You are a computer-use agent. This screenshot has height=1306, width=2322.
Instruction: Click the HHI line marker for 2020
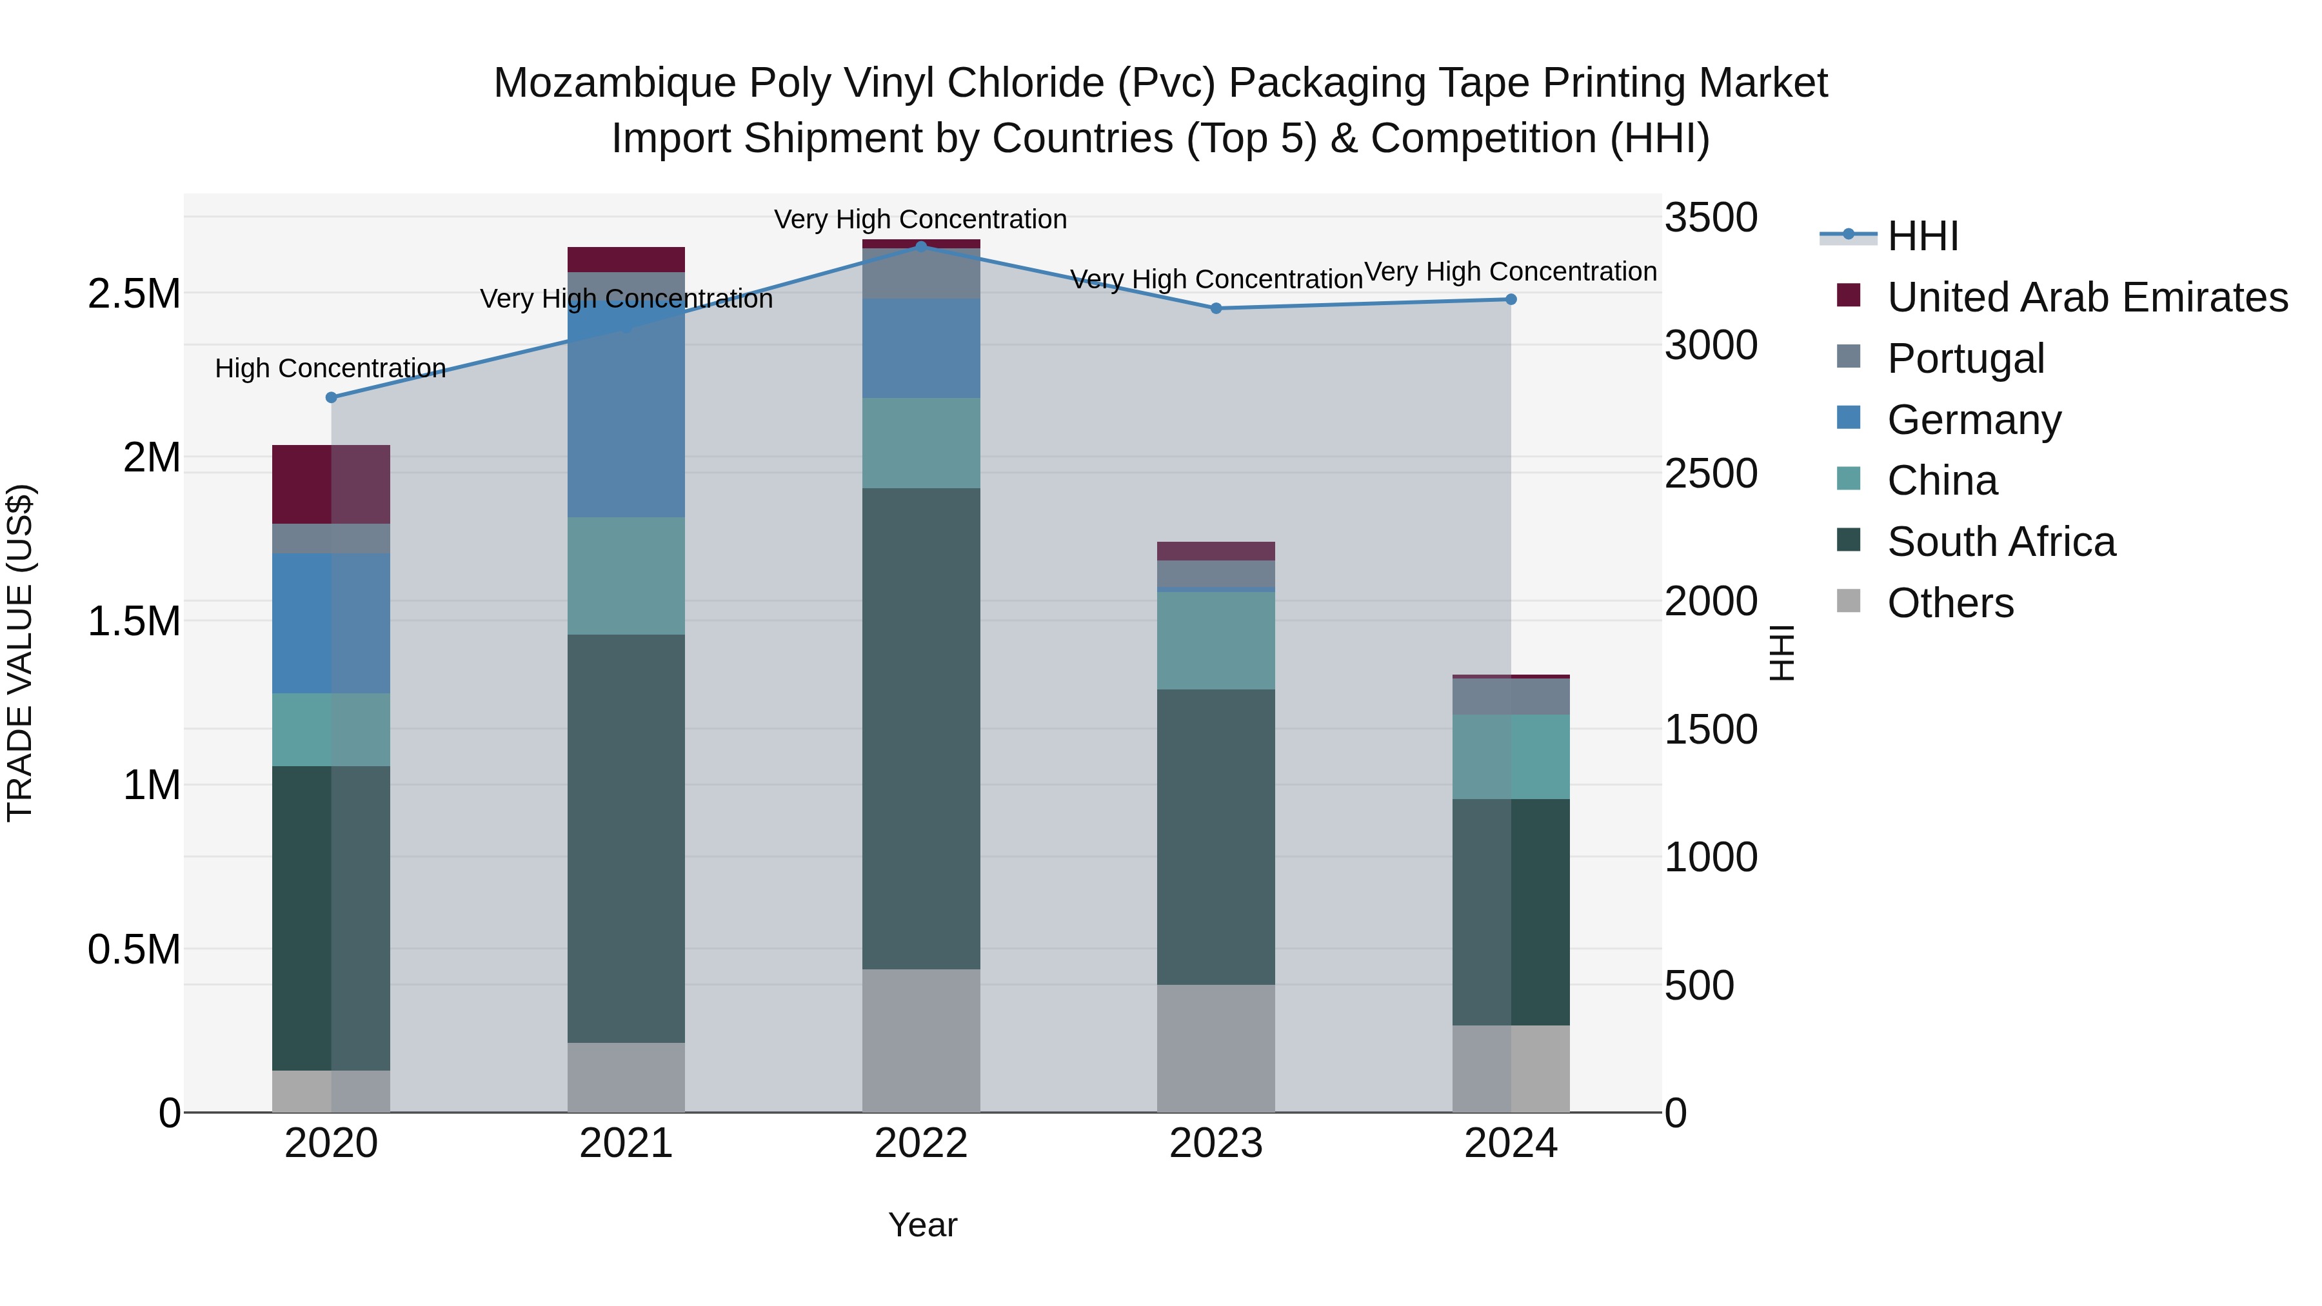(x=331, y=397)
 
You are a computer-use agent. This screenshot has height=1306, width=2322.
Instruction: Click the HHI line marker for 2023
(x=1215, y=308)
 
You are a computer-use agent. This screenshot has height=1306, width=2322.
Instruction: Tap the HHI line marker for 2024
(x=1511, y=299)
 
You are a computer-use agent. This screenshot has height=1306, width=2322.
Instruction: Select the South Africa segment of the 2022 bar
(x=920, y=728)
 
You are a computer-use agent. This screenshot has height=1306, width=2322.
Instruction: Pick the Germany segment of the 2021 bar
(x=626, y=410)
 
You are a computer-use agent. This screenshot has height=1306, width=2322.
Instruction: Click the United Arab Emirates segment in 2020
(x=331, y=484)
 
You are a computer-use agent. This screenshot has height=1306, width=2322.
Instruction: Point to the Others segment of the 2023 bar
(x=1215, y=1047)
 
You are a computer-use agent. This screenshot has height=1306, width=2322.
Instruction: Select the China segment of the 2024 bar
(x=1511, y=757)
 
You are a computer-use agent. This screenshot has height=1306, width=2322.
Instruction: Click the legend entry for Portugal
(x=1965, y=359)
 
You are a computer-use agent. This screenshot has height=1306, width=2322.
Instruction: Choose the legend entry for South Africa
(x=2000, y=542)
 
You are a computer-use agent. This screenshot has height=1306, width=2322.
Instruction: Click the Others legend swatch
(x=1848, y=601)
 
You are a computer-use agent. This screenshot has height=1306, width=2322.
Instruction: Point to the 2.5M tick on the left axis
(x=134, y=295)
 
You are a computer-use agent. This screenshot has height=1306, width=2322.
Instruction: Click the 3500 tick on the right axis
(x=1710, y=218)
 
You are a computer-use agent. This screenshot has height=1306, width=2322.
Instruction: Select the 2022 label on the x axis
(x=920, y=1143)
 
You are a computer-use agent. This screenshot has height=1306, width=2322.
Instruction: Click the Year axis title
(x=922, y=1225)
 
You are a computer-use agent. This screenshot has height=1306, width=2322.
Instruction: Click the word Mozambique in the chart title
(x=614, y=83)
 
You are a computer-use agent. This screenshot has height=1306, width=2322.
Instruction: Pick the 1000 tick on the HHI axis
(x=1710, y=857)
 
